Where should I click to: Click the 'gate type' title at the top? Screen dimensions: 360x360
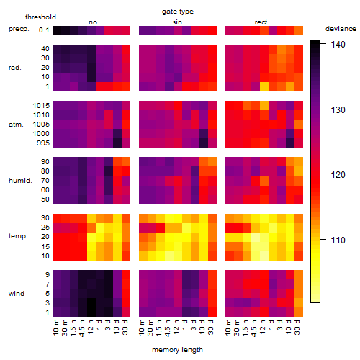[x=178, y=12]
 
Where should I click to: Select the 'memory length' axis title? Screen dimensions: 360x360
[x=177, y=350]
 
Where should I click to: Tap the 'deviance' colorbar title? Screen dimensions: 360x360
[x=341, y=29]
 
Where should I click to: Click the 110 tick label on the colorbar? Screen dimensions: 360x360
[x=338, y=240]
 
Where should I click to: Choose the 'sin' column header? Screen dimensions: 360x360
[x=177, y=22]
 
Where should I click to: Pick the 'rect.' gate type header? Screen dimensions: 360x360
[x=261, y=22]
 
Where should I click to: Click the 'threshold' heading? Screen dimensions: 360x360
[x=40, y=17]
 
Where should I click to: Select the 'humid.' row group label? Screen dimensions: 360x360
[x=20, y=181]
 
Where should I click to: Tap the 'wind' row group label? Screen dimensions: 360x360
[x=17, y=294]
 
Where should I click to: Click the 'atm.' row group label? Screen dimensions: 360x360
[x=16, y=125]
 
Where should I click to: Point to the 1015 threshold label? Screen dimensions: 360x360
[x=41, y=105]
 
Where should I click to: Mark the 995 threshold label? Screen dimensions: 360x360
[x=43, y=143]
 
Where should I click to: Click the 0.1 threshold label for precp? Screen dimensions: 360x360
[x=44, y=30]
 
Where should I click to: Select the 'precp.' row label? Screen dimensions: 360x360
[x=19, y=29]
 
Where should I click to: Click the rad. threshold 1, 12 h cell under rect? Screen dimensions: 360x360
[x=264, y=86]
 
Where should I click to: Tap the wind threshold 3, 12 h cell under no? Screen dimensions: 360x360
[x=91, y=302]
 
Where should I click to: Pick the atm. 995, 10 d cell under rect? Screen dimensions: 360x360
[x=290, y=143]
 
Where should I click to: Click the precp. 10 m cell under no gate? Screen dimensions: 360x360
[x=57, y=30]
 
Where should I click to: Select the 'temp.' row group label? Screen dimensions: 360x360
[x=18, y=236]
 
